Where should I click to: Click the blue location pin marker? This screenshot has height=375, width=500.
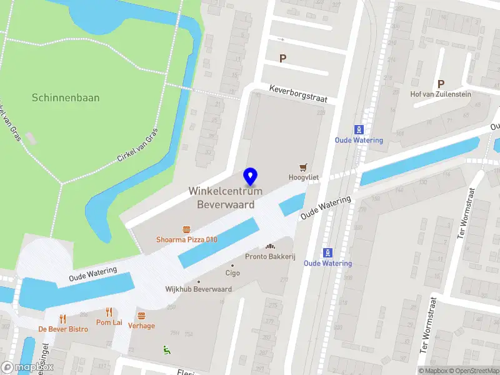[251, 177]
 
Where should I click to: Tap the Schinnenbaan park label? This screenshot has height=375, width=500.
[66, 98]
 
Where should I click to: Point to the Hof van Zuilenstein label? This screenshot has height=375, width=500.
[441, 94]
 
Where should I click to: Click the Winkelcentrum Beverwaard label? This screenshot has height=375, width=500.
[226, 197]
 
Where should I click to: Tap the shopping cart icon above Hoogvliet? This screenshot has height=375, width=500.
[304, 167]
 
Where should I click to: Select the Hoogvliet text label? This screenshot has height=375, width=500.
[304, 177]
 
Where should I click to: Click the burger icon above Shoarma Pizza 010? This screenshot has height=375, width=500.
[186, 229]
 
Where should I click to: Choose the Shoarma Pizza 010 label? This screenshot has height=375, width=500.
[186, 239]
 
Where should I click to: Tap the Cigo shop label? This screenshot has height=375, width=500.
[232, 273]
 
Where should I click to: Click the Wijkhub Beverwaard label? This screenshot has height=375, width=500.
[198, 289]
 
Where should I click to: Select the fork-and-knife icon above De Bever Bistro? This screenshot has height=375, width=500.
[62, 319]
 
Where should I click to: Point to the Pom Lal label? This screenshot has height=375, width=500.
[109, 322]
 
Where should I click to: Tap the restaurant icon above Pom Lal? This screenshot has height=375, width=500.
[109, 312]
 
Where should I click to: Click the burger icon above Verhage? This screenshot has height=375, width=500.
[141, 316]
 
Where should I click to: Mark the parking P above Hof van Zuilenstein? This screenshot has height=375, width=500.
[441, 84]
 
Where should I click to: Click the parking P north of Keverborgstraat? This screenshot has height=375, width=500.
[282, 59]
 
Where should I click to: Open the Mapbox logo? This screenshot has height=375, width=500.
[27, 367]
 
